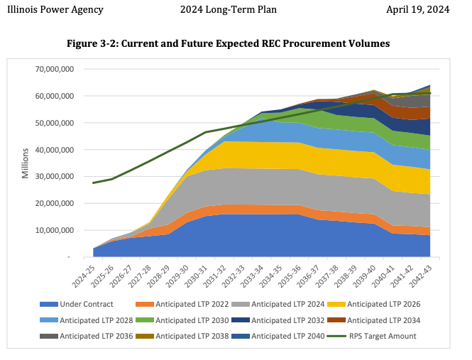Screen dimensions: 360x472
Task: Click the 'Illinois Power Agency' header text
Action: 57,10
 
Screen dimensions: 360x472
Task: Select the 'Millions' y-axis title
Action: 26,163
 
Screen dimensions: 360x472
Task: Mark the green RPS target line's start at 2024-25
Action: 94,182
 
